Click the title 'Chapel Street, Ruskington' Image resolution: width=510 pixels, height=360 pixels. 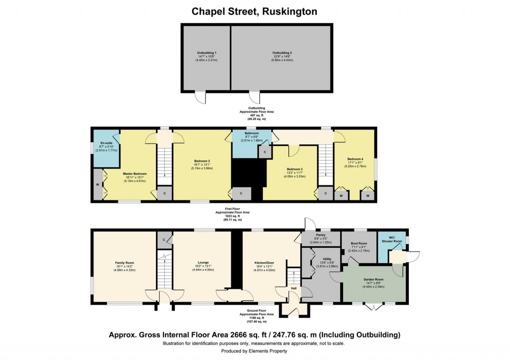(255, 11)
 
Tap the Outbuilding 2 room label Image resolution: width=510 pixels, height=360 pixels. (281, 52)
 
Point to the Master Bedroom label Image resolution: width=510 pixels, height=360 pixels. (134, 174)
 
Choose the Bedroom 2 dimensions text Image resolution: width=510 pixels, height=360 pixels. (202, 168)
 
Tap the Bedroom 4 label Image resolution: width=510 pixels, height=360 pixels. (355, 159)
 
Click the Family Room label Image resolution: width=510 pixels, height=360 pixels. (124, 263)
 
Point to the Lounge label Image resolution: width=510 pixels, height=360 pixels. (202, 262)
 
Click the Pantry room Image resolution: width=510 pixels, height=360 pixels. (321, 239)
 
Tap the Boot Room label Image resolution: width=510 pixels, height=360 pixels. (358, 243)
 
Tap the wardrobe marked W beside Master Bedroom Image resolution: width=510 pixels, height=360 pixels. (97, 185)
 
